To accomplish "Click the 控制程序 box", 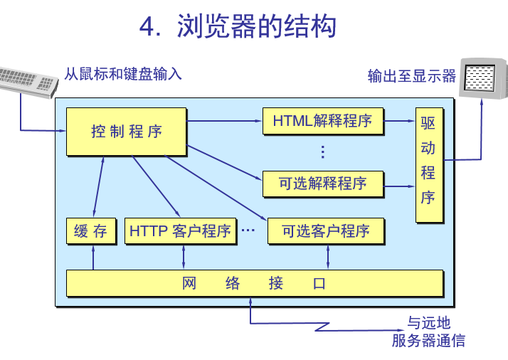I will (126, 131).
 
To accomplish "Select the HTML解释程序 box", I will (322, 121).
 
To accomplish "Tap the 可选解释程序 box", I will (322, 184).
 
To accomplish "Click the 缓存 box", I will (90, 231).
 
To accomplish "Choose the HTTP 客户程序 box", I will (180, 231).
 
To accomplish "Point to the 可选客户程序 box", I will (326, 231).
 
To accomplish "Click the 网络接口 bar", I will (254, 283).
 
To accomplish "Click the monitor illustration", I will (485, 77).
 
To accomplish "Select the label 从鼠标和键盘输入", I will (123, 73).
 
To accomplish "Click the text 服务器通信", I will (428, 340).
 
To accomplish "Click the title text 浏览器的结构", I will (256, 27).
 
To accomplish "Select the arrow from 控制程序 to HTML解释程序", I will (224, 121).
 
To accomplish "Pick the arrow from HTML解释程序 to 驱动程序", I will (399, 121).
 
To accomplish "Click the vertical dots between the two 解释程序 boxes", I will (322, 152).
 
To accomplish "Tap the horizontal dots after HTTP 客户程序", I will (248, 231).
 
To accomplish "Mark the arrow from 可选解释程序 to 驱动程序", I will (399, 184).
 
